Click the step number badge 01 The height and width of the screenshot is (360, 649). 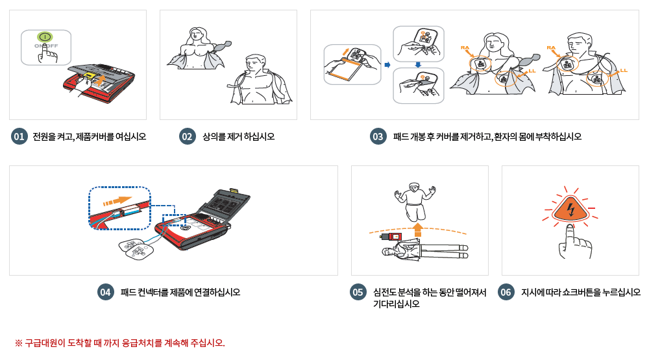(19, 137)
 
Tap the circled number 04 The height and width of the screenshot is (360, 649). (106, 293)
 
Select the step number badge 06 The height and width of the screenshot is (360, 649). (506, 293)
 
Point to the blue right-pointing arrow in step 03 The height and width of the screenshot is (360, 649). (387, 65)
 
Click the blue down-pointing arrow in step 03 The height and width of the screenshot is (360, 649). (418, 64)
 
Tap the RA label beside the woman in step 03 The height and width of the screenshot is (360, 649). (465, 47)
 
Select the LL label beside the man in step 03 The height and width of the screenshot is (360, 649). (624, 70)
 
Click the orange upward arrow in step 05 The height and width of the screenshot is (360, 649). (417, 228)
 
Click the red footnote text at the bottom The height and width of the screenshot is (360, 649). (119, 342)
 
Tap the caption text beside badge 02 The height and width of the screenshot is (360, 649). (238, 137)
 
